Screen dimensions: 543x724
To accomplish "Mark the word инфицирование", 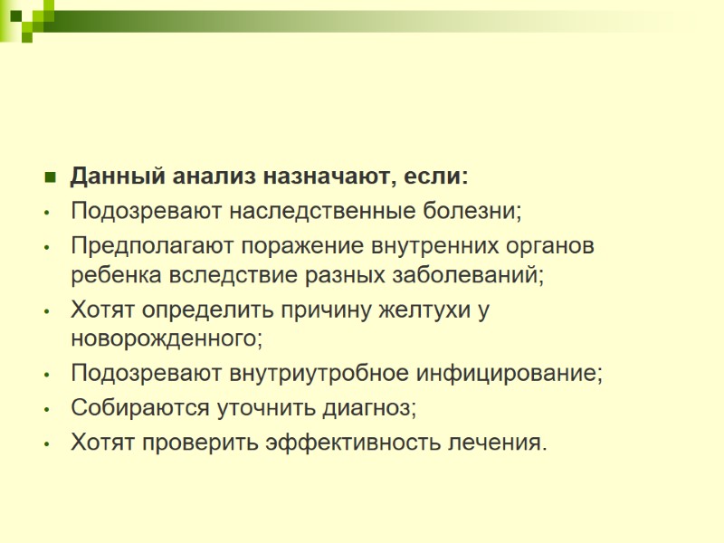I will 511,373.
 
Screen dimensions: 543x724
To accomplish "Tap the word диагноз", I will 367,408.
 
